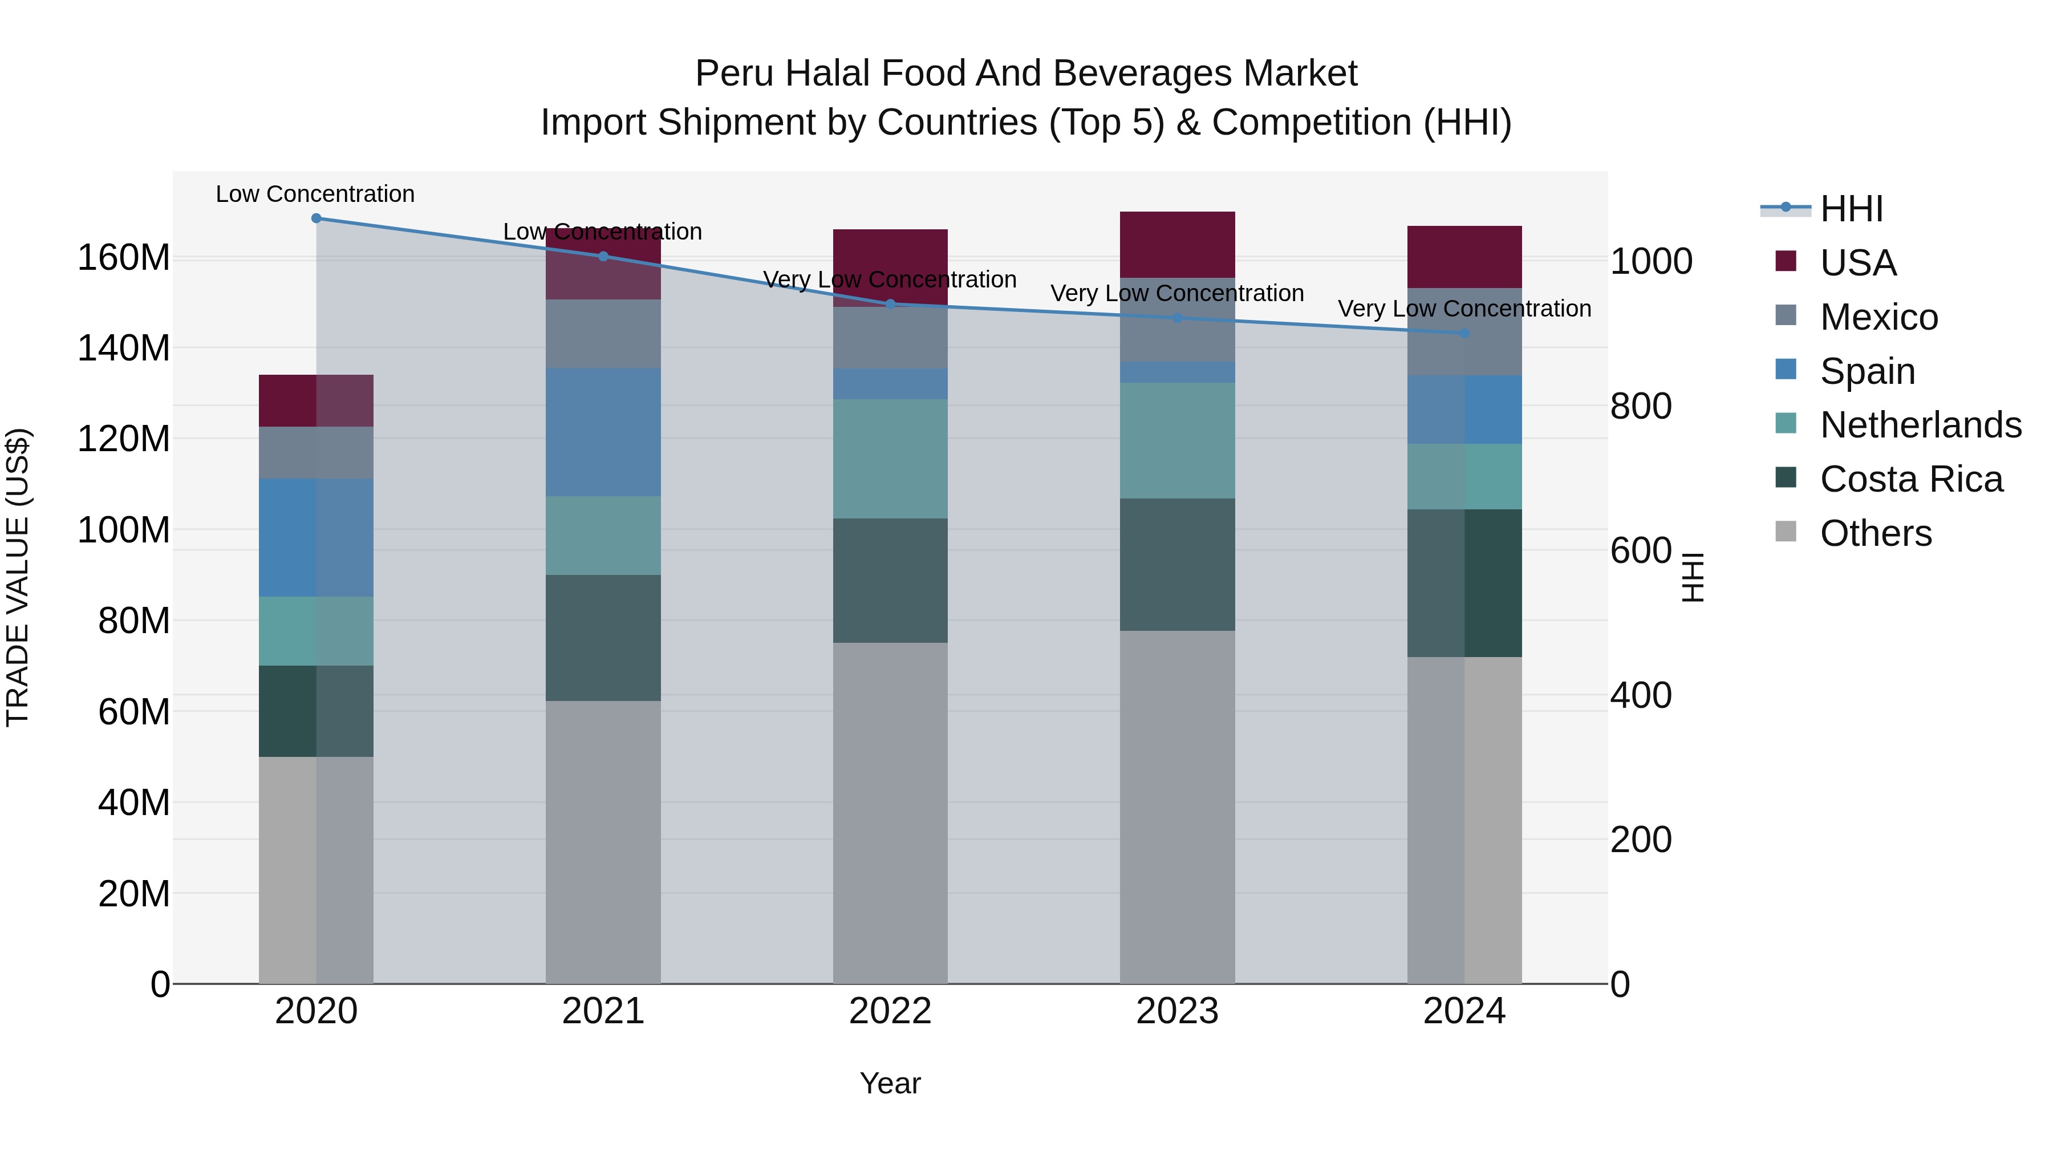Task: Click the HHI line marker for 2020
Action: (x=317, y=218)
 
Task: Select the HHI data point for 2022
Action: (x=890, y=303)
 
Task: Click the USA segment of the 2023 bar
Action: (x=1177, y=244)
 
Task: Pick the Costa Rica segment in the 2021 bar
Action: (x=603, y=638)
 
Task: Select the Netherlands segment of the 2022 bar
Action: (x=890, y=459)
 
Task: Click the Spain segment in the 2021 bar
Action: (x=603, y=432)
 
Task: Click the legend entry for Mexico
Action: (x=1878, y=317)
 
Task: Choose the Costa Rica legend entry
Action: (x=1910, y=479)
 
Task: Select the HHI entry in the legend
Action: (x=1851, y=209)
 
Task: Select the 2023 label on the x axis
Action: (x=1177, y=1011)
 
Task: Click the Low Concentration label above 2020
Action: (x=315, y=194)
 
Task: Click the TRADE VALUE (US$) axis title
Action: (x=18, y=577)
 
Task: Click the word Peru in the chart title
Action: (x=734, y=74)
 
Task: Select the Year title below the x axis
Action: (x=890, y=1083)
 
